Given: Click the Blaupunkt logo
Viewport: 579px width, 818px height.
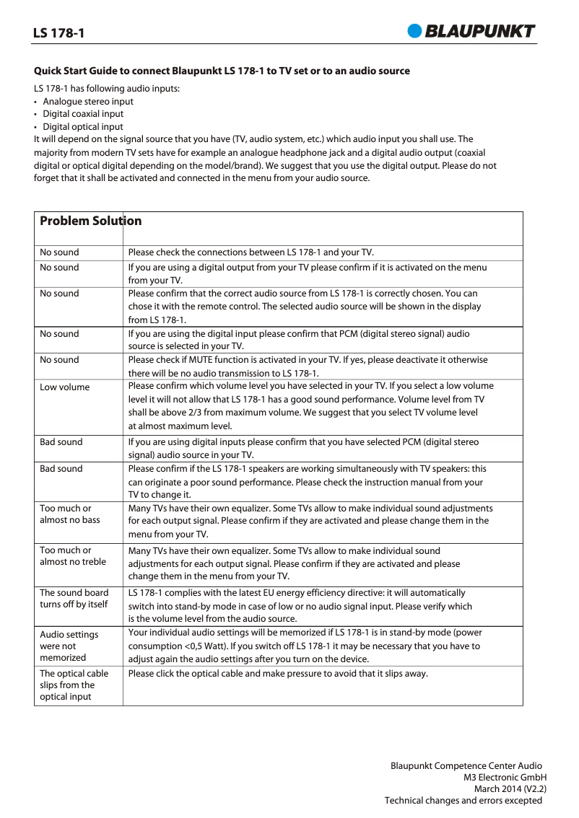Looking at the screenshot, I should (471, 30).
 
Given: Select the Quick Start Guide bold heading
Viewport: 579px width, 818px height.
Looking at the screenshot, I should (222, 71).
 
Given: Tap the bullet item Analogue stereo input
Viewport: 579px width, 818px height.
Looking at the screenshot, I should (87, 102).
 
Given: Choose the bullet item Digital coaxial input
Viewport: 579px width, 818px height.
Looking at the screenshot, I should (82, 114).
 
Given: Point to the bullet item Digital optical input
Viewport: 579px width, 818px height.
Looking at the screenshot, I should (82, 126).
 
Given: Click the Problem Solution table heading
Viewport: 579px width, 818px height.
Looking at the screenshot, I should (90, 221).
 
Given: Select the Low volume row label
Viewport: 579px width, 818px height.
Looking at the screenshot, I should (65, 387).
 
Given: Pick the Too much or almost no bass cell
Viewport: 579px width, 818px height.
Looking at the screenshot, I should (70, 514).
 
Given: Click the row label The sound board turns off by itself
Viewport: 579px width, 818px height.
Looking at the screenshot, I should (74, 599).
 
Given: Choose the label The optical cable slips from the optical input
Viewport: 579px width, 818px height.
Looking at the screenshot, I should (74, 685).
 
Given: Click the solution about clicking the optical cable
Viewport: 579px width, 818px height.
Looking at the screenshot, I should (278, 674).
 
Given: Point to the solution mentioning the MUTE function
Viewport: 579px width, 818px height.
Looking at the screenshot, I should (308, 366).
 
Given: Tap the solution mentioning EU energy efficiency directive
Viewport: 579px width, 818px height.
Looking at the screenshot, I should (300, 606).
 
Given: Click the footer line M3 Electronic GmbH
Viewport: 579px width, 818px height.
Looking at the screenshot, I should (505, 778).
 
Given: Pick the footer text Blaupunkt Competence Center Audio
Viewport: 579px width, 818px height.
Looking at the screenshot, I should (466, 766).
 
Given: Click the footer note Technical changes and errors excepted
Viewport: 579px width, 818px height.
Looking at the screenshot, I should (463, 801).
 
